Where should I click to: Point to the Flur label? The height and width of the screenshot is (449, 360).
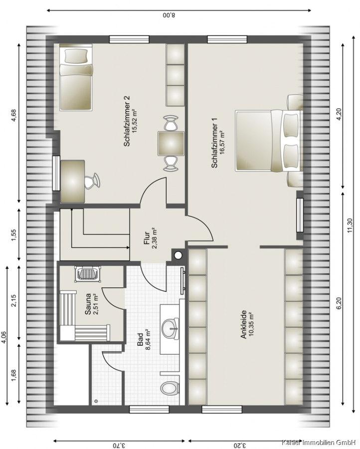(147, 238)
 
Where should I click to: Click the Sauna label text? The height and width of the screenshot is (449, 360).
(88, 304)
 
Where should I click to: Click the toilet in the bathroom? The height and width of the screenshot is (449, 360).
(170, 389)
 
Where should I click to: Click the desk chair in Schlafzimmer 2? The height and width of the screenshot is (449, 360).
(92, 181)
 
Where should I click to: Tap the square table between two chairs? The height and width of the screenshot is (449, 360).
(171, 144)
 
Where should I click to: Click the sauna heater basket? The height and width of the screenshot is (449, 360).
(88, 273)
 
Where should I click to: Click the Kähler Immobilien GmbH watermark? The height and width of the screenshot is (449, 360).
(321, 442)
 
